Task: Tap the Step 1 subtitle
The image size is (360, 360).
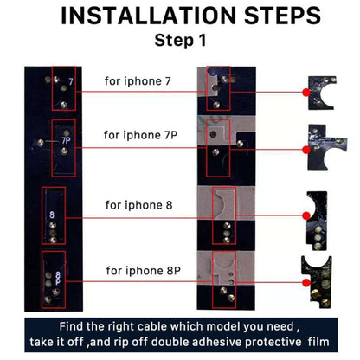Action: tap(181, 40)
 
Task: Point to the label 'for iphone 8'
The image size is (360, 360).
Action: tap(139, 205)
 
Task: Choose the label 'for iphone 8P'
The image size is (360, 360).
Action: tap(144, 271)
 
